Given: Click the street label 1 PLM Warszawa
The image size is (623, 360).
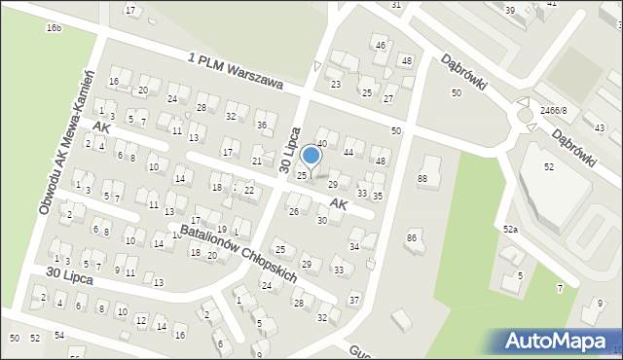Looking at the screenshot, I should tap(237, 73).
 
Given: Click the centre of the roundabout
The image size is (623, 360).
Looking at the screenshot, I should tap(527, 114).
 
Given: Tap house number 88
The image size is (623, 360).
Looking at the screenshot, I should tap(422, 178).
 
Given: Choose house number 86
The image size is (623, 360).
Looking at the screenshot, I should tap(412, 237).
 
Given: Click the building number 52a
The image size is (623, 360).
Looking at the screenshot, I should tap(510, 229).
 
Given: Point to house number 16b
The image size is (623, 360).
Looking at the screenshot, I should tap(54, 28).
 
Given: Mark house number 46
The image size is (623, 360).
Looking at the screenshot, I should tap(381, 46).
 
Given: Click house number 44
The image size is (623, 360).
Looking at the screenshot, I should tap(348, 153).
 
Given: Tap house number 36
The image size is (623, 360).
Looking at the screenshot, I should tap(261, 126).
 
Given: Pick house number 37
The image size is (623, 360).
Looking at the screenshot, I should tap(354, 299).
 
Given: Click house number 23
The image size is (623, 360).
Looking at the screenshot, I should tap(336, 85).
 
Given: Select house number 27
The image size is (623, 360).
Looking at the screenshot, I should tap(388, 99).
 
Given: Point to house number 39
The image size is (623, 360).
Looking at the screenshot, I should tap(510, 10).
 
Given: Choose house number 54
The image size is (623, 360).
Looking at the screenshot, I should tap(59, 336).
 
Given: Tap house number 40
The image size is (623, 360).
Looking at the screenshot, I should tap(321, 144).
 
